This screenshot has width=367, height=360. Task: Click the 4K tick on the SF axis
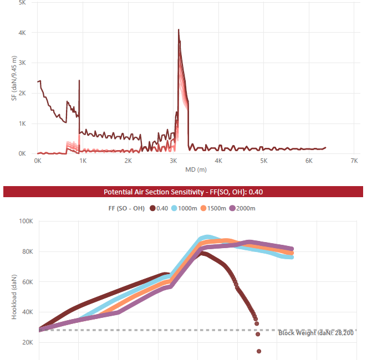click(x=22, y=33)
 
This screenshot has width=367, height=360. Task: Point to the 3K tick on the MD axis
click(x=173, y=161)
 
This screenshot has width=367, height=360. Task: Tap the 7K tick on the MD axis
click(x=354, y=161)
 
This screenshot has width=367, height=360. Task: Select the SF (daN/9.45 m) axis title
click(x=14, y=79)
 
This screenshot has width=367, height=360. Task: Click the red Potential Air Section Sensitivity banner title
click(x=183, y=192)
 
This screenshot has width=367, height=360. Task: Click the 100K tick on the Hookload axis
click(x=26, y=222)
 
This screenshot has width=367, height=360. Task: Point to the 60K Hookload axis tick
click(x=28, y=282)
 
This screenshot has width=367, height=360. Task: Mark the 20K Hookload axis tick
click(x=28, y=343)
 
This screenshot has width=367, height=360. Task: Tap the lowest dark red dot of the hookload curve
click(x=259, y=351)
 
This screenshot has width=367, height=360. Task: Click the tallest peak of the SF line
click(x=179, y=30)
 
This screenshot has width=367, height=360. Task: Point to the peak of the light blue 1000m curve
click(x=207, y=238)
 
